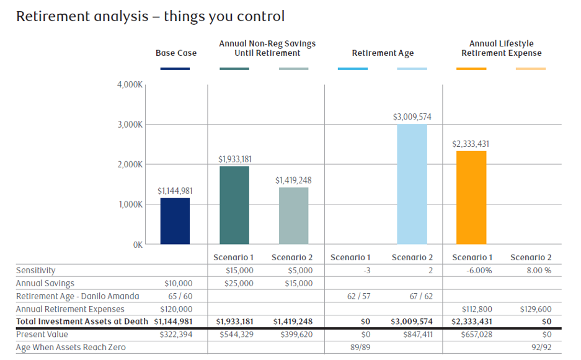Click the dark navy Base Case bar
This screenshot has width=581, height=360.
tap(175, 221)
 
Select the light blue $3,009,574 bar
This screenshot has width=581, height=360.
tap(412, 184)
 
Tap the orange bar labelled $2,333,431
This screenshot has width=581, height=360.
tap(471, 198)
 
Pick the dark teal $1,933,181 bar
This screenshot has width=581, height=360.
tap(234, 205)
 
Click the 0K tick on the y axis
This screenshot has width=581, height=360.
tap(136, 245)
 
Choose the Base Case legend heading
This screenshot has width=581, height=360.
tap(176, 53)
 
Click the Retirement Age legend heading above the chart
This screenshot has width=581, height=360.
tap(383, 53)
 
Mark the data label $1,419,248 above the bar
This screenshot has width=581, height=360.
tap(294, 180)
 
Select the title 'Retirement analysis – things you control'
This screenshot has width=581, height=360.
tap(150, 16)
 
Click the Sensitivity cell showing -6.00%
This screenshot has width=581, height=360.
tap(471, 271)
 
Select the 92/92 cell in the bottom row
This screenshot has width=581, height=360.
tap(539, 348)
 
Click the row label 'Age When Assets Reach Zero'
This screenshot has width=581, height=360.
tap(71, 348)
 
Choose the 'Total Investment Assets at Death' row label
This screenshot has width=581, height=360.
tap(82, 322)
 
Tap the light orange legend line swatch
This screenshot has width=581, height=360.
tap(531, 69)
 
